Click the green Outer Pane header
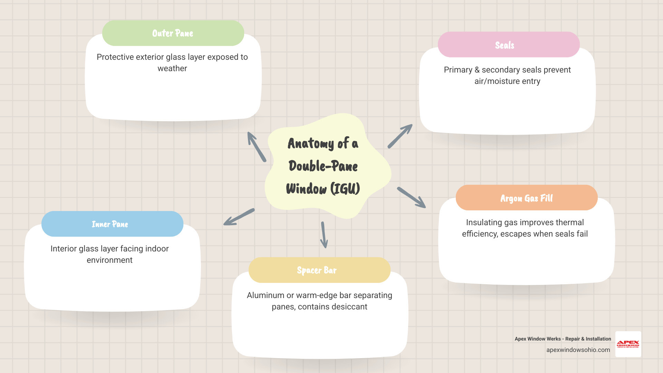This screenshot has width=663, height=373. pyautogui.click(x=173, y=33)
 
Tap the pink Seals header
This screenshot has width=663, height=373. pyautogui.click(x=509, y=45)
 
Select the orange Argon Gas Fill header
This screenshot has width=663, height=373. pyautogui.click(x=527, y=198)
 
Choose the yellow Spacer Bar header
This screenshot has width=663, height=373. pyautogui.click(x=319, y=270)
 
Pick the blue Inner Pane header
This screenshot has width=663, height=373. pyautogui.click(x=112, y=224)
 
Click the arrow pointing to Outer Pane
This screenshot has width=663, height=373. pyautogui.click(x=257, y=147)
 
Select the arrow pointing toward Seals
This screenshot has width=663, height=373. pyautogui.click(x=400, y=136)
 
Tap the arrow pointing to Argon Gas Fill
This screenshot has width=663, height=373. pyautogui.click(x=411, y=198)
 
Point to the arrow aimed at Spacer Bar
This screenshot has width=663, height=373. pyautogui.click(x=324, y=235)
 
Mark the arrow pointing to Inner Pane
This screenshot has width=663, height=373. pyautogui.click(x=239, y=217)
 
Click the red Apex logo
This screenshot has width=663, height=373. pyautogui.click(x=628, y=344)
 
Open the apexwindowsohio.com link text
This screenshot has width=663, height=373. pyautogui.click(x=578, y=350)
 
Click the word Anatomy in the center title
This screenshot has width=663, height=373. pyautogui.click(x=311, y=143)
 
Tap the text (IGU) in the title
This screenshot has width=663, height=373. pyautogui.click(x=345, y=189)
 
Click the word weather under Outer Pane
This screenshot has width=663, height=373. pyautogui.click(x=172, y=68)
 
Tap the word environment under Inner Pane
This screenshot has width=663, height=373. pyautogui.click(x=109, y=260)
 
